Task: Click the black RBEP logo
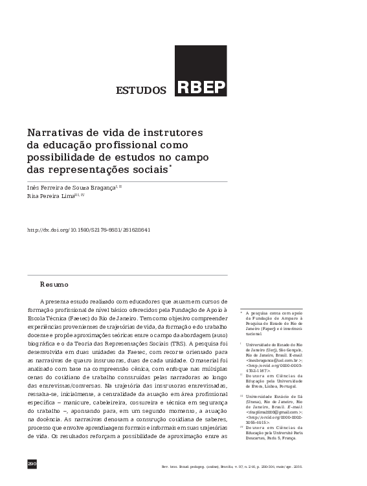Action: pos(200,71)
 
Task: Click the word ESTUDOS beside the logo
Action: pos(140,90)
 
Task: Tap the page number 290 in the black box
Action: pos(32,465)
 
